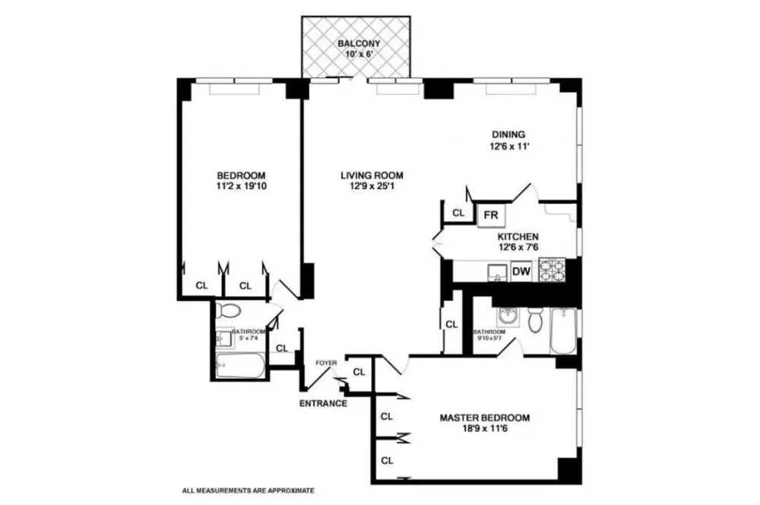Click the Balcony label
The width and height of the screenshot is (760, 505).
click(x=359, y=43)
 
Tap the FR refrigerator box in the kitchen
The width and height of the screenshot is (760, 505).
click(x=490, y=214)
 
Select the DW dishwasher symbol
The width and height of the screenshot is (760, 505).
click(x=521, y=272)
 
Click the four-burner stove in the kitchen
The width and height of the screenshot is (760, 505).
click(x=552, y=270)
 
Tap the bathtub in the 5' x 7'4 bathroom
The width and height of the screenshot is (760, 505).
click(x=240, y=365)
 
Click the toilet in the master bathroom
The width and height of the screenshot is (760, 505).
click(x=534, y=319)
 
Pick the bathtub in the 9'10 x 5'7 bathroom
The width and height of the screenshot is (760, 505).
click(x=562, y=331)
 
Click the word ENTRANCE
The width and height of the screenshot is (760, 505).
click(x=323, y=403)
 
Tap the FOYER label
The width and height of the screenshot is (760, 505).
click(x=326, y=363)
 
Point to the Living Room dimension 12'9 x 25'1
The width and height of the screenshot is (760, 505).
click(x=372, y=186)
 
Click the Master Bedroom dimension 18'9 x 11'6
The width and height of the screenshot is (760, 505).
click(x=484, y=428)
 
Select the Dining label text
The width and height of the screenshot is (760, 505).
click(x=508, y=135)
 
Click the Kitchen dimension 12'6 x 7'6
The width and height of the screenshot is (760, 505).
click(x=518, y=247)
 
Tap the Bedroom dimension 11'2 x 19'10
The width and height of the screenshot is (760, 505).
click(x=241, y=186)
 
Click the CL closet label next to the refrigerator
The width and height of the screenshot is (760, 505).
click(x=458, y=213)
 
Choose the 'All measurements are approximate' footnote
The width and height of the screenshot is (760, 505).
click(x=249, y=491)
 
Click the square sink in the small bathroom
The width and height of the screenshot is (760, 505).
click(x=224, y=337)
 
